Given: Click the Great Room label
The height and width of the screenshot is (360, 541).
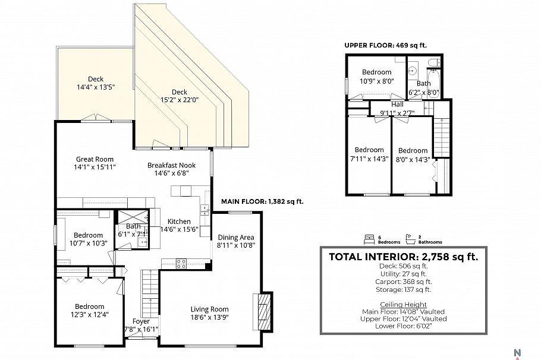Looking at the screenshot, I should tap(95, 159).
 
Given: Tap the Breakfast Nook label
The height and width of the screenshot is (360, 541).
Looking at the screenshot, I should tap(171, 165).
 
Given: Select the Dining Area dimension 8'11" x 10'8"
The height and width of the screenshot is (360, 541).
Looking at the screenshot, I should tap(235, 245).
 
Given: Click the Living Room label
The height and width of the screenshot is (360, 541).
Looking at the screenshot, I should tap(209, 309).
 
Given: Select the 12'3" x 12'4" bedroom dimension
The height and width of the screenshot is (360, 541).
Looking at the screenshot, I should tap(90, 314).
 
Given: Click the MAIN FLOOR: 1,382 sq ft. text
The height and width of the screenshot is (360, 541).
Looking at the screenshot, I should tap(262, 201).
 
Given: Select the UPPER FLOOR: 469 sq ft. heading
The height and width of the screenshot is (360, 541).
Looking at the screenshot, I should tap(385, 45).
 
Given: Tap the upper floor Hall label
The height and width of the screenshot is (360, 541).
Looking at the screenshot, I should tap(397, 104).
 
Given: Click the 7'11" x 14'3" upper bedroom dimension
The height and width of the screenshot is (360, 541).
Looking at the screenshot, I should tap(369, 159).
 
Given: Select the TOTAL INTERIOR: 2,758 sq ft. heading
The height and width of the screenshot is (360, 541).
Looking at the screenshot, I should tap(403, 257).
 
